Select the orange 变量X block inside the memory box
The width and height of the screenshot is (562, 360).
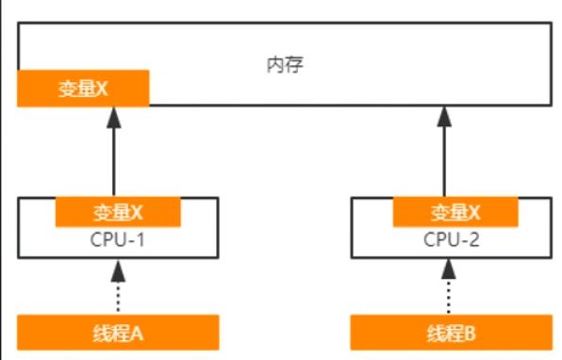83,89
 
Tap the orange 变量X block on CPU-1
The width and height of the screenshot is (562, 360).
118,211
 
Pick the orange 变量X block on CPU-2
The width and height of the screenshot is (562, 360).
455,211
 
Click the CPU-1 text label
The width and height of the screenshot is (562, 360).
118,239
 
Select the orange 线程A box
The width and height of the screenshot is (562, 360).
118,332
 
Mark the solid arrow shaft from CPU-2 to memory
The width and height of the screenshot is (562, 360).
448,160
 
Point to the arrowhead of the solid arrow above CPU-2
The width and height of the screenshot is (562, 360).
448,116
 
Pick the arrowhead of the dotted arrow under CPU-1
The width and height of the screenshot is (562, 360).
118,271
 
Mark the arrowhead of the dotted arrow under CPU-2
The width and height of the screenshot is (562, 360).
449,271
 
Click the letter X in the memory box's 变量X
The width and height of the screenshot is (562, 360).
104,89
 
